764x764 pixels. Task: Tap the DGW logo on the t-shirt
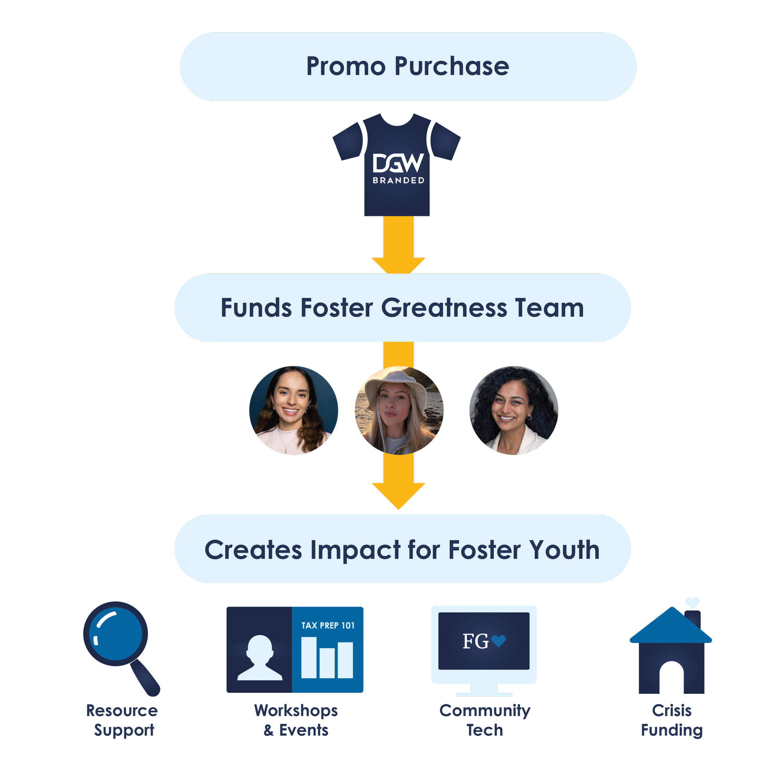click(398, 163)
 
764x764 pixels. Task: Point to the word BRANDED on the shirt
click(398, 181)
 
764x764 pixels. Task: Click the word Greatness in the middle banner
click(444, 308)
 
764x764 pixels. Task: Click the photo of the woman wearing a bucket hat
click(399, 410)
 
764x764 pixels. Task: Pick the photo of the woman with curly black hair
click(513, 410)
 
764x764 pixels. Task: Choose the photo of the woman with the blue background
click(293, 410)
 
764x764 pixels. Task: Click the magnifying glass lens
click(116, 634)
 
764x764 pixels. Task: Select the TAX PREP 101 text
click(328, 626)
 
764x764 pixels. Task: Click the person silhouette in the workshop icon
click(259, 658)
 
